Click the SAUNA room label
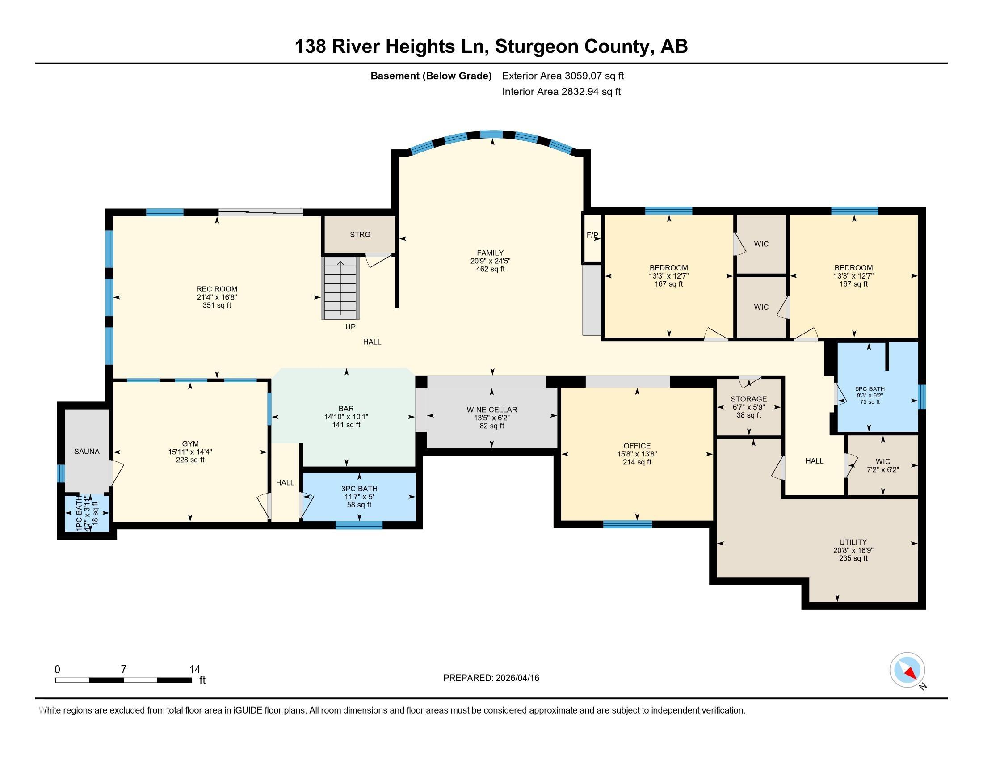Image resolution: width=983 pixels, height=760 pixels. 87,452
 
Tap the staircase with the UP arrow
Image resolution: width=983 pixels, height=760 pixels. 341,288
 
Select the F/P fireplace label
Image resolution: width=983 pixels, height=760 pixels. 592,235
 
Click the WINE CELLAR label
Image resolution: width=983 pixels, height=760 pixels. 491,410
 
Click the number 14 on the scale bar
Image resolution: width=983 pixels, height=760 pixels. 194,670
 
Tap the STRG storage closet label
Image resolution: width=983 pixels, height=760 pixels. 360,235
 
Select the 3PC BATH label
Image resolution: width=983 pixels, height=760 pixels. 359,489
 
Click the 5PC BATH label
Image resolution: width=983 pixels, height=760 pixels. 870,389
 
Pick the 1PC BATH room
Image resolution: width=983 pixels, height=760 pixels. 87,513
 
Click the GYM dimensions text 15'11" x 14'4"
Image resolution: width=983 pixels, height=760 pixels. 190,452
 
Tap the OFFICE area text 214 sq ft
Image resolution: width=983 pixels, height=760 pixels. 637,462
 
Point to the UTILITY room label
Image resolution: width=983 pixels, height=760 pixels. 853,542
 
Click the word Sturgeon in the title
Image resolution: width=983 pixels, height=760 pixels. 534,47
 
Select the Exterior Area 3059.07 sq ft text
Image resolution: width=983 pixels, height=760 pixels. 563,76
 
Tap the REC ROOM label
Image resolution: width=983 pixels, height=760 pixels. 217,289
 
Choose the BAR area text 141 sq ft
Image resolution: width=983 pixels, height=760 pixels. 346,425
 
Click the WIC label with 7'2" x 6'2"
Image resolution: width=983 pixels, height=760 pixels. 882,461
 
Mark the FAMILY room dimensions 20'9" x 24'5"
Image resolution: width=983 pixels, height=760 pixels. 490,261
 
